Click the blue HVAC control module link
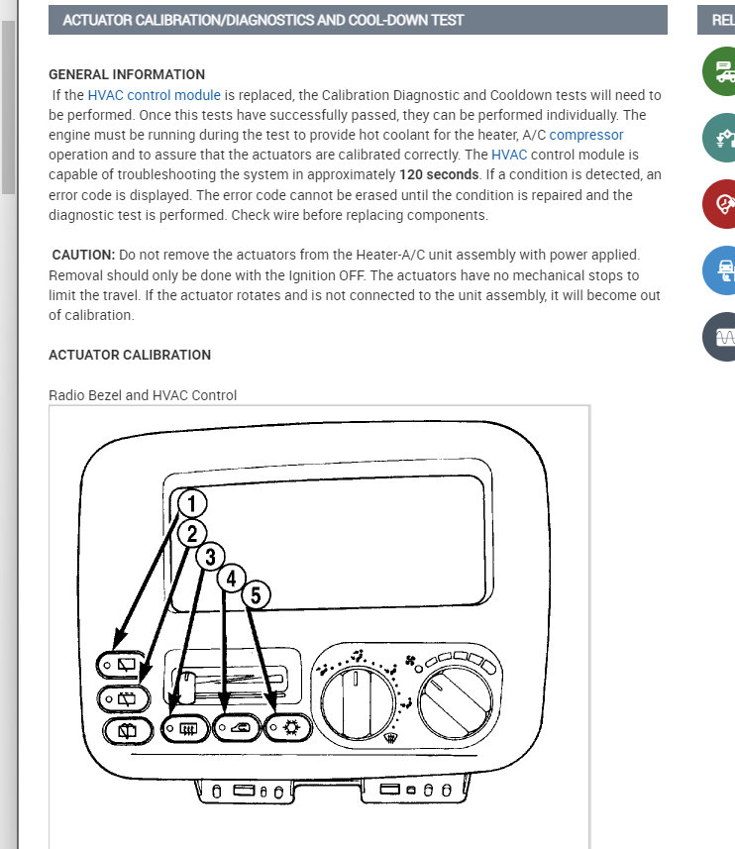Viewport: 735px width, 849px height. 154,96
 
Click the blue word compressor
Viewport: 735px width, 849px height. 586,135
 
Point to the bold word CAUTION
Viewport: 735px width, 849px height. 83,256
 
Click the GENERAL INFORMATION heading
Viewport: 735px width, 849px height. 127,74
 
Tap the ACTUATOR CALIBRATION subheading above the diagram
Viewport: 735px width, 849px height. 130,355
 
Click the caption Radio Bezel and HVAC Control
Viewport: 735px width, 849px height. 143,395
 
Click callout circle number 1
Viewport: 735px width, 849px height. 191,503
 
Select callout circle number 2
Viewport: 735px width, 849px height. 192,533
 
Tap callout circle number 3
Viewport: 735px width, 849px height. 210,557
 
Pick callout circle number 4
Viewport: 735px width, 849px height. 232,577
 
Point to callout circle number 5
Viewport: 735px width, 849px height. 256,595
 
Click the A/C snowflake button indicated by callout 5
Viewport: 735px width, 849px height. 287,728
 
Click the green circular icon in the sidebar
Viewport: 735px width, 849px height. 722,71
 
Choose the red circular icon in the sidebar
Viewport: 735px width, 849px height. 722,204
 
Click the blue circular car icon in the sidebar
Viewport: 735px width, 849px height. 722,269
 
